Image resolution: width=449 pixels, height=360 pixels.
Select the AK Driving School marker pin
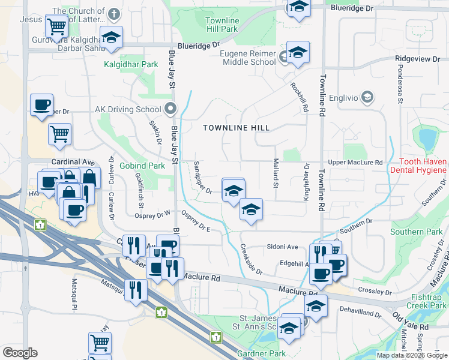coord(170,109)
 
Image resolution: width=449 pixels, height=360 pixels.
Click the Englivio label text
coord(342,97)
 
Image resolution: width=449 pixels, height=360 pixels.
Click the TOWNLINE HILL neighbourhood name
coord(236,128)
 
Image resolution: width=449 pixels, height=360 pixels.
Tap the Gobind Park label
coord(142,166)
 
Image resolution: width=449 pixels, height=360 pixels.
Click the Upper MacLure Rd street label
coord(355,163)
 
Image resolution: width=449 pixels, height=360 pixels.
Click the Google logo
coord(19,353)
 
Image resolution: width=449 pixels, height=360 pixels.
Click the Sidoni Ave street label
coord(282,247)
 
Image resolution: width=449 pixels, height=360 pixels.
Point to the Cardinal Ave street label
coord(73,162)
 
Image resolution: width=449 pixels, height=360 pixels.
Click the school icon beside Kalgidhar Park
coord(111,37)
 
